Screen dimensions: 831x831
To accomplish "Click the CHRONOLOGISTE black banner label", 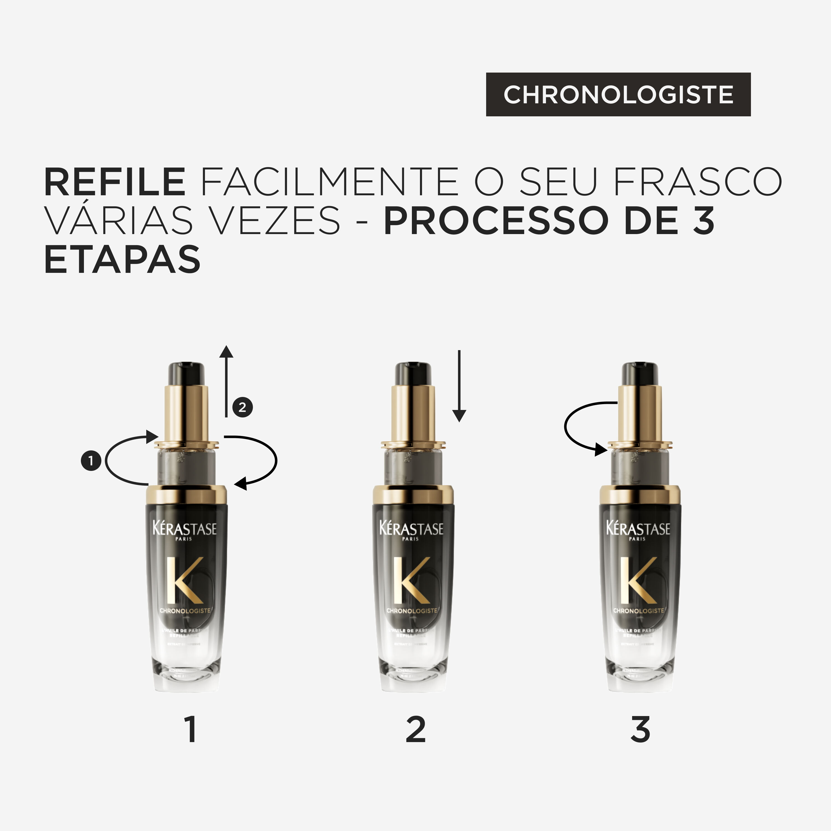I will point(618,94).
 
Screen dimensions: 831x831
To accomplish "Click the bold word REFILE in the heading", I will point(115,182).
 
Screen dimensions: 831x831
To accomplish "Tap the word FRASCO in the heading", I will point(697,182).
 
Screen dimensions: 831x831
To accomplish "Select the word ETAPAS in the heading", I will point(123,259).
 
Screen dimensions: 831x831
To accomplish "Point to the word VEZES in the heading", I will point(276,221).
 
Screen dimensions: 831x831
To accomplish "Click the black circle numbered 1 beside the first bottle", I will point(91,461).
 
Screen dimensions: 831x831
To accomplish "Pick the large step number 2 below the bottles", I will point(416,730).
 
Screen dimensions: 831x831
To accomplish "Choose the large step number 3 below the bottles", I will point(640,730).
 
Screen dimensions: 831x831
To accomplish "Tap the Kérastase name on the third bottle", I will point(638,528).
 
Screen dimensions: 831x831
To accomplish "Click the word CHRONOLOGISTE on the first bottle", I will point(185,611).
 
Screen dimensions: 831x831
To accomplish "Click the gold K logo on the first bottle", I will point(184,580).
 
